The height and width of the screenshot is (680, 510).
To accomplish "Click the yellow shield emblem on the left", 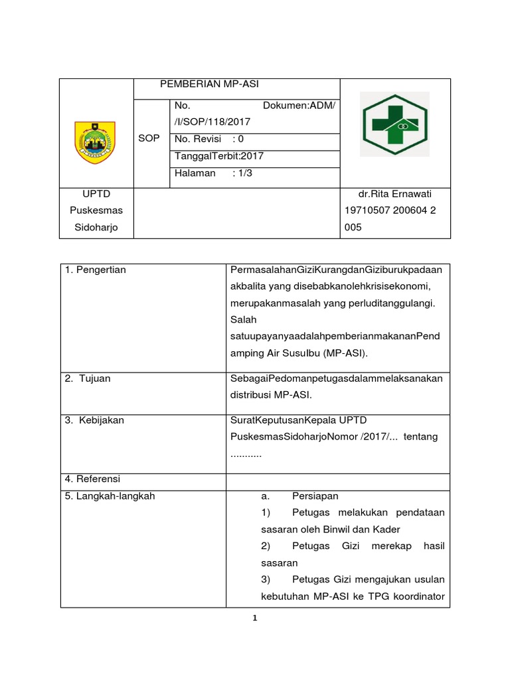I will click(x=94, y=141).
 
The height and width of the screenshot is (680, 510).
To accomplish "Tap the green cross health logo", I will click(x=394, y=124).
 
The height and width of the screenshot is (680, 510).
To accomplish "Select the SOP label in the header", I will click(x=149, y=137).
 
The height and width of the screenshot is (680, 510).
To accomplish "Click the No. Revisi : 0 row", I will click(x=209, y=139).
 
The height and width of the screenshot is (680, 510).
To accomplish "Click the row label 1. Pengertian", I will click(x=96, y=270).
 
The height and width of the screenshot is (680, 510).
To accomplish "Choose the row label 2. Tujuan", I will click(x=88, y=379).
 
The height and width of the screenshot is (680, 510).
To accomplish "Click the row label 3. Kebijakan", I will click(x=94, y=420).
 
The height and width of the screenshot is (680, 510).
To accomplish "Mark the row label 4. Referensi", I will click(x=92, y=479).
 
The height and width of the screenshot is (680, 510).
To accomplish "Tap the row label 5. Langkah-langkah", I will click(x=110, y=496).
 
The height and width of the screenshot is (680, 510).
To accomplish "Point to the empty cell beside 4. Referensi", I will click(x=338, y=479).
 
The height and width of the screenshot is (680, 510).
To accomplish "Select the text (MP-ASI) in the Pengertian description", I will click(x=345, y=354).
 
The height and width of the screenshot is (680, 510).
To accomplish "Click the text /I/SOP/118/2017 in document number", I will click(x=212, y=122).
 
